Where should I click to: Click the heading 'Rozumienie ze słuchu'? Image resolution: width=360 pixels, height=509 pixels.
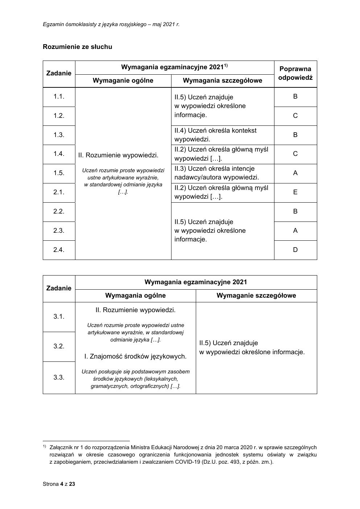coord(77,47)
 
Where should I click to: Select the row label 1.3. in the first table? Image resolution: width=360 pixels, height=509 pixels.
coord(59,135)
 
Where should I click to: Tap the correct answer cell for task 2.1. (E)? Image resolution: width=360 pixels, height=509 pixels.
coord(295,192)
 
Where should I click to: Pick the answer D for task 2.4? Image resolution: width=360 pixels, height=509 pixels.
coord(295,249)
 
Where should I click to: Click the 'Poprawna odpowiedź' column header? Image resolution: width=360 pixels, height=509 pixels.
coord(295,73)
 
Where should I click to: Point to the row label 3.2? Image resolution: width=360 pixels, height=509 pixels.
coord(59,346)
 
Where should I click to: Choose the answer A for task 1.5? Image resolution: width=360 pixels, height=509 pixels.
coord(295,173)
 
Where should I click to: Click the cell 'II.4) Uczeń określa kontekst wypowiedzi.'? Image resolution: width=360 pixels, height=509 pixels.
coord(215,135)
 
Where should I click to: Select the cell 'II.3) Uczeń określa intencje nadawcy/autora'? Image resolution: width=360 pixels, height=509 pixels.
coord(217,173)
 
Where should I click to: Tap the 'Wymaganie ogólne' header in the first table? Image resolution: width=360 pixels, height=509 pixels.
coord(123,80)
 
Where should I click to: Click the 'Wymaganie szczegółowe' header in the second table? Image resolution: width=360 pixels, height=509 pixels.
coord(256,295)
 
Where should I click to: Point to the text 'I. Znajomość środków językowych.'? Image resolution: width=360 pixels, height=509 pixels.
coord(135,356)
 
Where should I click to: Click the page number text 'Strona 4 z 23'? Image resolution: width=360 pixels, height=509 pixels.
coord(59,484)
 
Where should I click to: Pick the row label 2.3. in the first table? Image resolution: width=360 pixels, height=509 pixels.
coord(59,231)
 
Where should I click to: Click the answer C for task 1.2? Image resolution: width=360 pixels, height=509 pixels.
coord(295,116)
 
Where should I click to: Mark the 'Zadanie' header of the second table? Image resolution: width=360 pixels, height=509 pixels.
coord(59,288)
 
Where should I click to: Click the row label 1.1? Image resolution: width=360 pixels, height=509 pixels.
coord(59,96)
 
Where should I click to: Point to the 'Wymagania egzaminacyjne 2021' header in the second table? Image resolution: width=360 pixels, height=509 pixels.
coord(196,282)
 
